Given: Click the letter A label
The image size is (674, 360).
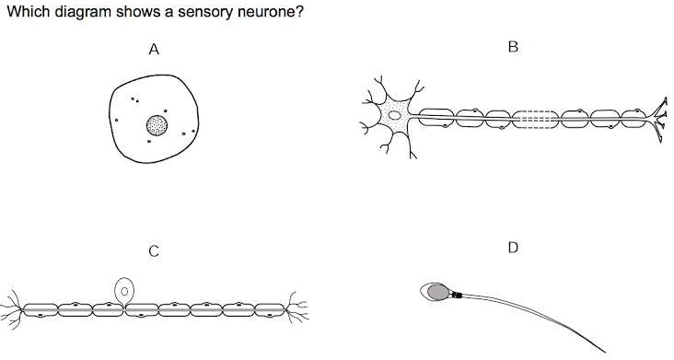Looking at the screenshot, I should [155, 52].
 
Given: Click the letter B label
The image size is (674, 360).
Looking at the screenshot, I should [513, 48].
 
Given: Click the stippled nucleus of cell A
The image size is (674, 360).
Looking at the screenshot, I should [157, 125].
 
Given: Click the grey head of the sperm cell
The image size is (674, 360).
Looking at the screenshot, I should [435, 291].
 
